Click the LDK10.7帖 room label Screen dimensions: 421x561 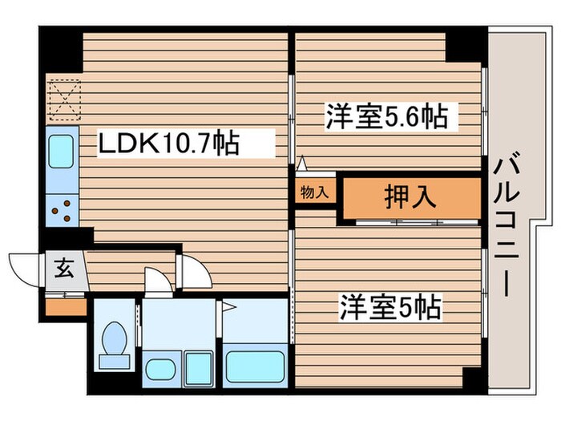click(x=167, y=144)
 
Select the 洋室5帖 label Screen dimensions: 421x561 click(x=391, y=307)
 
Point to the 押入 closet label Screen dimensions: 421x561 click(x=410, y=198)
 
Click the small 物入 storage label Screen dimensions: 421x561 click(x=314, y=192)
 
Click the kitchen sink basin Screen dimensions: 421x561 click(x=61, y=151)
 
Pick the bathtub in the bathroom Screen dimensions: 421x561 click(x=256, y=366)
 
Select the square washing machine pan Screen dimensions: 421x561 click(x=196, y=367)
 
